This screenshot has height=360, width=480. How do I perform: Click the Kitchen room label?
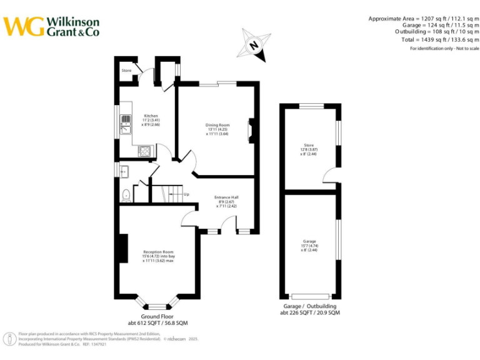point(151,116)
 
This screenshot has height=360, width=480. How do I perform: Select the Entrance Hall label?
point(227,197)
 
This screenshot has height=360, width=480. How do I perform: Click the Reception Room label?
point(158,252)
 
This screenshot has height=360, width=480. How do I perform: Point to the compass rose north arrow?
point(254,46)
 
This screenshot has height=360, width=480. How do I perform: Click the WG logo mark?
point(24,26)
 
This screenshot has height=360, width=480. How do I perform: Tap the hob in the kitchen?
point(145,150)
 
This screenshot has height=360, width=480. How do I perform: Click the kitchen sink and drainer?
point(126,124)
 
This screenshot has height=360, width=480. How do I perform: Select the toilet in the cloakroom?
point(126,195)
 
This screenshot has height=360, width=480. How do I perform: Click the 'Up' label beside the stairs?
point(186,194)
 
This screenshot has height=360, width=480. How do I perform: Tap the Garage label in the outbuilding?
point(309,241)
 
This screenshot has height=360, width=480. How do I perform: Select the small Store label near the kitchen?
point(127,71)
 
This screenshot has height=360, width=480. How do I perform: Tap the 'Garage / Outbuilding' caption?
point(310,306)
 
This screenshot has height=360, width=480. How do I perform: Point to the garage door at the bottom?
point(310,296)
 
